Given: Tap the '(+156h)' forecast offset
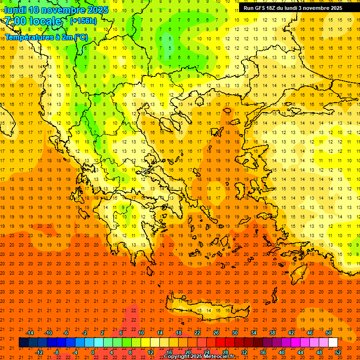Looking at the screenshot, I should [x=83, y=21].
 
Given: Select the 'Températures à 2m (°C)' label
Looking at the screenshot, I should [x=46, y=37].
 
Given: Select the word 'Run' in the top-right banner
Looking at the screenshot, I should [x=248, y=8].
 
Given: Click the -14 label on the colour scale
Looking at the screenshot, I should [x=30, y=333].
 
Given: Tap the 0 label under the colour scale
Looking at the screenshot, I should [x=93, y=352].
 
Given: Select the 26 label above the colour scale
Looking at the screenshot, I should [x=216, y=333].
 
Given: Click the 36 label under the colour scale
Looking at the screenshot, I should [x=263, y=352].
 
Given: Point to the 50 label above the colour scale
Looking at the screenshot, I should [x=328, y=333].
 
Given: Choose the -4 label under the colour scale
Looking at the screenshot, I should [x=75, y=352].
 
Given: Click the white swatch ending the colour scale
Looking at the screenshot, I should [x=333, y=343].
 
